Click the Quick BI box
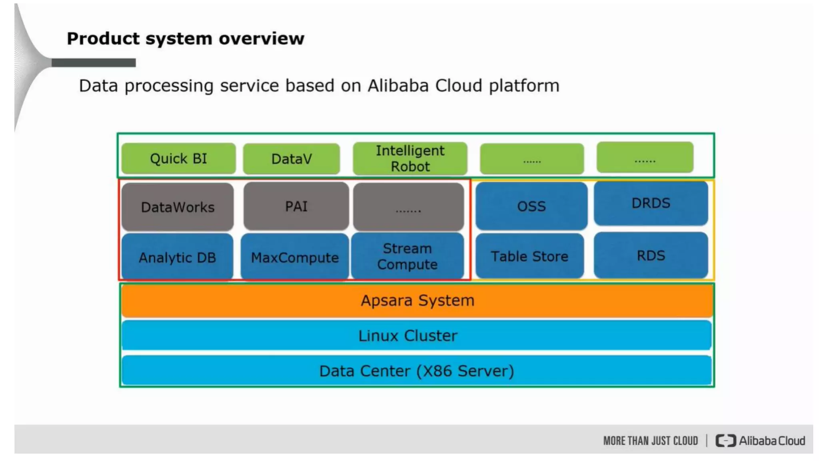178,158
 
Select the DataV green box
292,159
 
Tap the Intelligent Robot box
410,158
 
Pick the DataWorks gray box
178,207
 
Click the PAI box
296,206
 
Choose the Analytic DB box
177,257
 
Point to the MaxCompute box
295,257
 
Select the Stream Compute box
408,256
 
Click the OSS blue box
531,206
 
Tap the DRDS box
651,203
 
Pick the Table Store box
529,256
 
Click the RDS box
651,255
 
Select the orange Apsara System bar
417,300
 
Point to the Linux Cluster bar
416,335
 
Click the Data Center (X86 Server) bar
416,371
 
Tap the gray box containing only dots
408,207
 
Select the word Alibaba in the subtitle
398,86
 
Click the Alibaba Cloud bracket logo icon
725,441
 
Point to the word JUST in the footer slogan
661,441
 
